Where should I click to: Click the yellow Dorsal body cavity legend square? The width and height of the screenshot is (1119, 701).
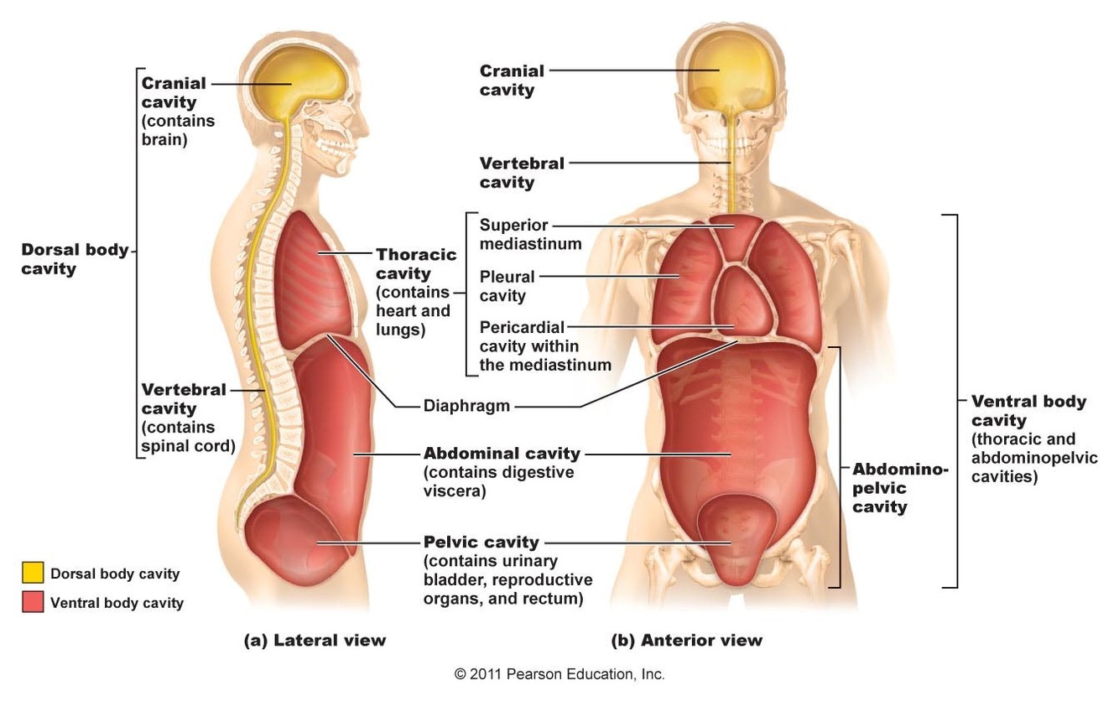(x=33, y=573)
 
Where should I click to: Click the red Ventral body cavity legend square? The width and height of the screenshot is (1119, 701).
(x=33, y=601)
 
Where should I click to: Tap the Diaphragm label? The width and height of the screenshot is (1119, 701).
(x=466, y=406)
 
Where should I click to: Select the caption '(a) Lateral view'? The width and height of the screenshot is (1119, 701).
(x=315, y=640)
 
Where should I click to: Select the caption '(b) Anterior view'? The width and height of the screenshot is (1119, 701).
(x=687, y=640)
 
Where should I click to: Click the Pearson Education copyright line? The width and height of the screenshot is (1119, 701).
(x=559, y=673)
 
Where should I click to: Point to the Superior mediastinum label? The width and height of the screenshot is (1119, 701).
(x=530, y=235)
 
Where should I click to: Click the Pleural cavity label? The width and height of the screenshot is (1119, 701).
(x=507, y=285)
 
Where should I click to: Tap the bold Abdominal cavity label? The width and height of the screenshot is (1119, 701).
(x=502, y=454)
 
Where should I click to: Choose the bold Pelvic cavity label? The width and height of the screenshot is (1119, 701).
(x=481, y=542)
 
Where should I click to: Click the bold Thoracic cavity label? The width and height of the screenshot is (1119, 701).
(x=416, y=263)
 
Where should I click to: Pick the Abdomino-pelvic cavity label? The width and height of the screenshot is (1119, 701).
(x=900, y=488)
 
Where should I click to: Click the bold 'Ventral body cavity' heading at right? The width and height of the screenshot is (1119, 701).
(x=1028, y=411)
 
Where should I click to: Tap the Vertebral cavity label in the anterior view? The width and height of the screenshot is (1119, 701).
(x=522, y=172)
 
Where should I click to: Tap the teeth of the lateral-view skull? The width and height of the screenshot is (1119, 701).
(x=345, y=154)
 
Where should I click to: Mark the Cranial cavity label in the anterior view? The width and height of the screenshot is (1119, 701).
(x=512, y=80)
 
